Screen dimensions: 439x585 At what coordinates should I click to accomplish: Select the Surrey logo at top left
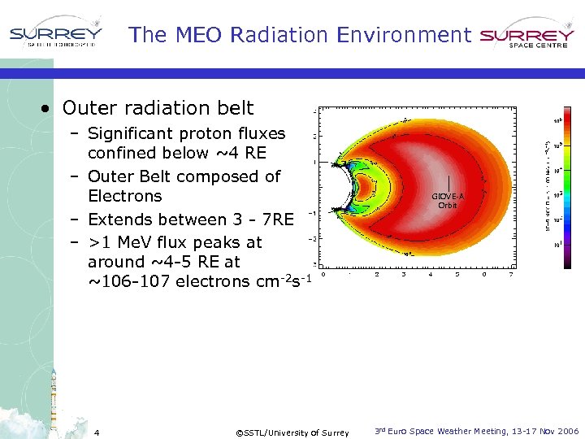tap(55, 35)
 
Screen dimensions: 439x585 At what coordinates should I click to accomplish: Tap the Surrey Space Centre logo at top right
tap(527, 37)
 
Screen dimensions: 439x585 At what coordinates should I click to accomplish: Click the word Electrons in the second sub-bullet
tap(124, 196)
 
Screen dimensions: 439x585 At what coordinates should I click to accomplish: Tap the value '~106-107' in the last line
tap(119, 281)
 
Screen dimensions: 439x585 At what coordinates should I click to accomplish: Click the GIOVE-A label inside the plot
tap(448, 197)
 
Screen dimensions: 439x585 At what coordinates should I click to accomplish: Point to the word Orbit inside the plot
tap(448, 206)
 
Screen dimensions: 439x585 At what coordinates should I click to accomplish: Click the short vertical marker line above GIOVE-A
tap(448, 183)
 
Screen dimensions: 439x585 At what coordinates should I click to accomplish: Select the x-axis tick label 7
tap(510, 274)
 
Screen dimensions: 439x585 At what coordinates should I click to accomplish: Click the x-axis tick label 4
tap(431, 274)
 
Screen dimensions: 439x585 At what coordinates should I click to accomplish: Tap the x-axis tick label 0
tap(324, 274)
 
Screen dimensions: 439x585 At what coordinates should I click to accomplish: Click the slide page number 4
tap(96, 432)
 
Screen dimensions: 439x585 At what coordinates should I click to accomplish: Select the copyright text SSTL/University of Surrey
tap(292, 432)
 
